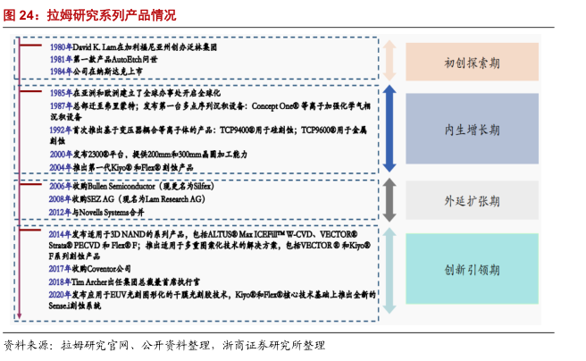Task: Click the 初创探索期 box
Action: (472, 63)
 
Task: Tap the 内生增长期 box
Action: (472, 130)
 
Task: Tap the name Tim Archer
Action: (95, 281)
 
